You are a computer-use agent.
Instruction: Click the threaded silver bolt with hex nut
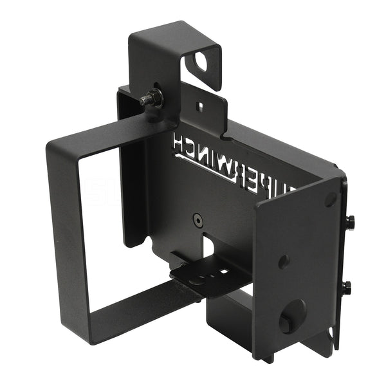150,98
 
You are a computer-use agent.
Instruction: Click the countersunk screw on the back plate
196,220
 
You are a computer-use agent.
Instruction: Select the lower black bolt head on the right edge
347,286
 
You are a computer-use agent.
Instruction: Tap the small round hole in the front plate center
283,262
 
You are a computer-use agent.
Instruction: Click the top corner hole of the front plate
330,199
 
